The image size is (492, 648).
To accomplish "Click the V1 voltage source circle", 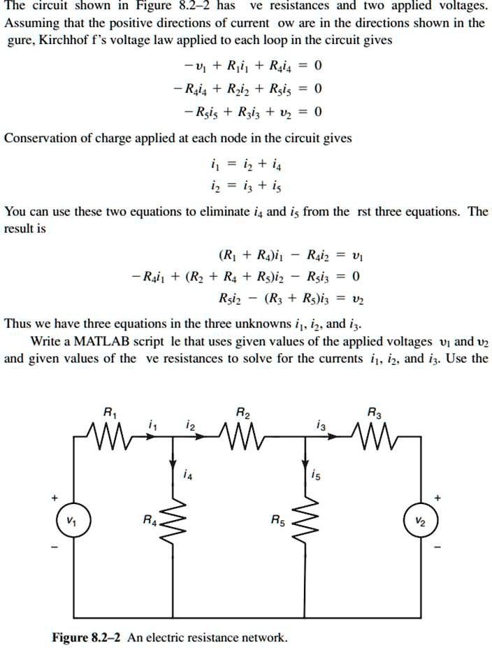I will (69, 521).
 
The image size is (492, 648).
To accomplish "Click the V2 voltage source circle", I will (419, 521).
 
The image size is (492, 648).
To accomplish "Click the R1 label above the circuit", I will (110, 412).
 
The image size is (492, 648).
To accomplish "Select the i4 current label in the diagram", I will (185, 476).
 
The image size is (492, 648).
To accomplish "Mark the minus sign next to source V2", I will (438, 547).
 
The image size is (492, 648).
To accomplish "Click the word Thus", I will (17, 324).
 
